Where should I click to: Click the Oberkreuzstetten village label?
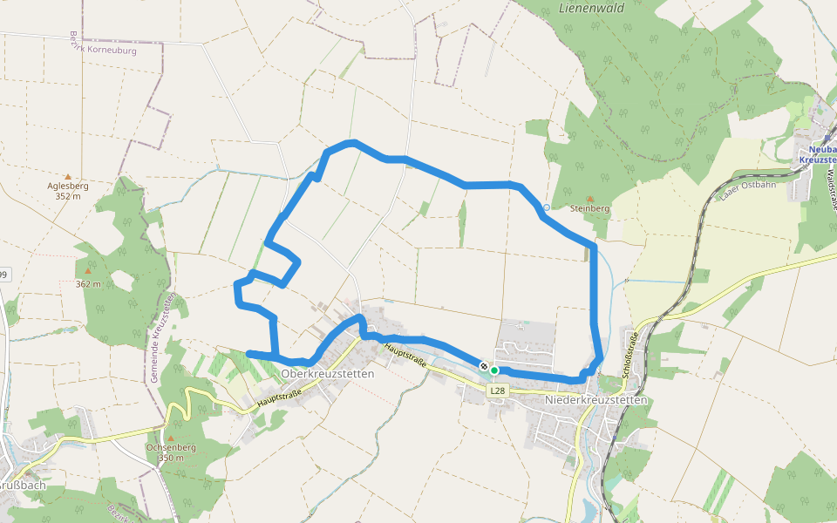pos(328,374)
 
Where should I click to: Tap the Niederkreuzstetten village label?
pos(595,400)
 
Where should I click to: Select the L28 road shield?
pos(497,391)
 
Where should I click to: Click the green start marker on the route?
pos(494,370)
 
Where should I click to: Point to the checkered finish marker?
pos(483,366)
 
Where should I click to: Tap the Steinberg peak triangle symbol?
pos(589,199)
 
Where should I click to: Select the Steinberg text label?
pos(589,209)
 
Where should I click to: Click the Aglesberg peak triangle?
pos(67,176)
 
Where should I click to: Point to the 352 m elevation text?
pos(67,196)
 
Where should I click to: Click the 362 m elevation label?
pos(88,284)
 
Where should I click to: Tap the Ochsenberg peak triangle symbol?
pos(171,438)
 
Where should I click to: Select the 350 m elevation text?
pos(171,458)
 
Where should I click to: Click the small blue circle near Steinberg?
pos(547,208)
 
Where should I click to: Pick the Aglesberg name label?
pos(67,186)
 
